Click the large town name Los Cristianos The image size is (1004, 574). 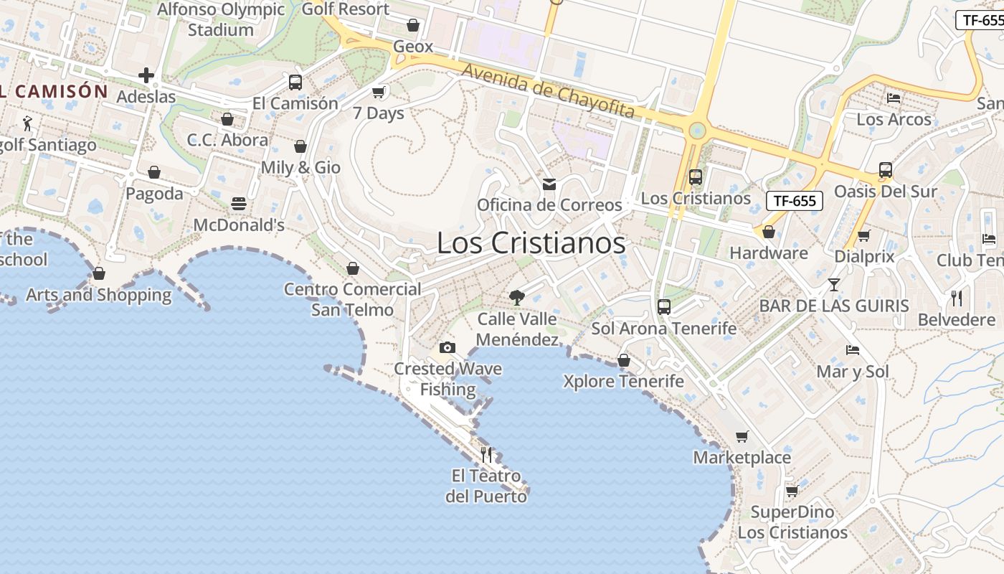click(531, 243)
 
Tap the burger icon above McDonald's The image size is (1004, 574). click(239, 204)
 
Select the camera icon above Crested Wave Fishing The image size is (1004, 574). click(447, 348)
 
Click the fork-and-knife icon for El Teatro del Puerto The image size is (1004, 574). click(486, 453)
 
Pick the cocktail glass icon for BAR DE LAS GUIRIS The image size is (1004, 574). click(833, 285)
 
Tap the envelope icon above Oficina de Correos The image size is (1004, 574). click(549, 184)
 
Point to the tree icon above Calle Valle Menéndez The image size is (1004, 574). click(516, 298)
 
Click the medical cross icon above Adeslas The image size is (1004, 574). click(146, 75)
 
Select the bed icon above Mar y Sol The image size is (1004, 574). click(853, 350)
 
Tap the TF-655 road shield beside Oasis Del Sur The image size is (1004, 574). click(794, 201)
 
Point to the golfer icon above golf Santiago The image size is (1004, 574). click(27, 123)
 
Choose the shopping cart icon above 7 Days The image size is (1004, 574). click(379, 92)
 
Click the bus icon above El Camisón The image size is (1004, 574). click(295, 82)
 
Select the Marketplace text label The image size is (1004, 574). click(742, 457)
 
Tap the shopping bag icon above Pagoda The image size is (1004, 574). click(154, 172)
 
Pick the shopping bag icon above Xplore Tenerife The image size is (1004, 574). click(624, 360)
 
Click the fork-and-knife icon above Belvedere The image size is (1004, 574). click(957, 298)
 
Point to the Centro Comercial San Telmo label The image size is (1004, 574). click(352, 299)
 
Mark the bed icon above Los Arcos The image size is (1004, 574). click(894, 98)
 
